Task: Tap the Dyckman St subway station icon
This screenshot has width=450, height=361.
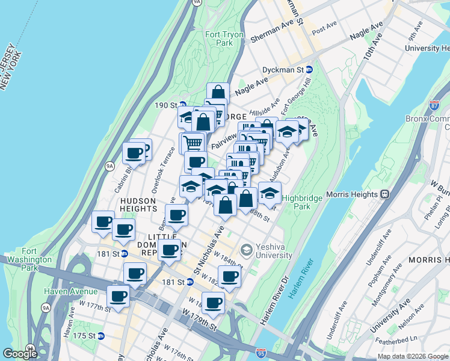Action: tap(309, 70)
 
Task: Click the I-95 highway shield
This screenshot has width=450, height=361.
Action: tap(260, 353)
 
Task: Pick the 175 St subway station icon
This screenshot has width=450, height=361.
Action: tap(101, 336)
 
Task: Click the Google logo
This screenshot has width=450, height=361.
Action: tap(20, 353)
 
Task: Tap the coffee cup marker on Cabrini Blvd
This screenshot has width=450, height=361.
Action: tap(134, 153)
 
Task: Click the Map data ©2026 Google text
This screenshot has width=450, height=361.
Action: tap(413, 356)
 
